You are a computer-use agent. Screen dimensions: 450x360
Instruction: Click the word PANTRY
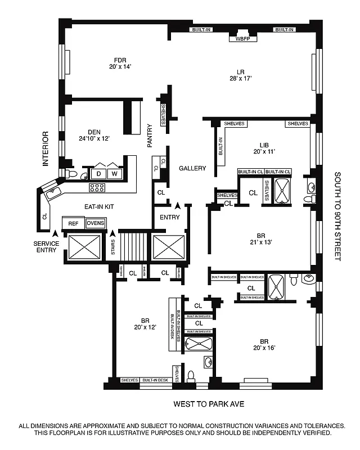(x=150, y=136)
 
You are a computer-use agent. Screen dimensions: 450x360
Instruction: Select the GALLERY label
(x=192, y=168)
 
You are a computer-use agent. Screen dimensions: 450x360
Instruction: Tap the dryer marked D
(x=99, y=174)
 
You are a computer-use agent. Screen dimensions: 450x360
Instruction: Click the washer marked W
(x=114, y=174)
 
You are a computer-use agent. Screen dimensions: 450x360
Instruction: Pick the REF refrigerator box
(x=73, y=223)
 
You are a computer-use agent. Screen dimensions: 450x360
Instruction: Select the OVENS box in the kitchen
(x=95, y=223)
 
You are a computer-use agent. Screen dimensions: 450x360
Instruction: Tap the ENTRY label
(x=169, y=217)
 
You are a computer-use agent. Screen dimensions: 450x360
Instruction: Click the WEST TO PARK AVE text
(x=209, y=404)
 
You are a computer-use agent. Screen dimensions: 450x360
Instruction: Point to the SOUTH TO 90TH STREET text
(x=339, y=216)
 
